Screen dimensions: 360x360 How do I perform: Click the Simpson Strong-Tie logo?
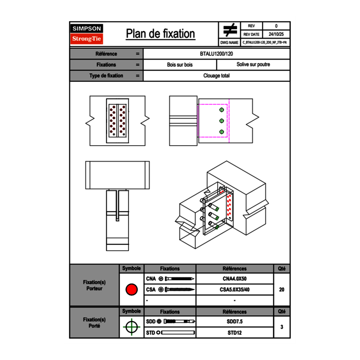pos(87,34)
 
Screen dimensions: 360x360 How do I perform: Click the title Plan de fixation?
pos(160,34)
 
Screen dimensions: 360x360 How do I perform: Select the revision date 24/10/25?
pos(276,34)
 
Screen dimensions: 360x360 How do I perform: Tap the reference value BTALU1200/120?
pos(216,54)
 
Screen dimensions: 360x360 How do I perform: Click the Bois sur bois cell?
pos(180,65)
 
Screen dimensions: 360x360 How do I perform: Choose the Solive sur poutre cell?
pos(253,65)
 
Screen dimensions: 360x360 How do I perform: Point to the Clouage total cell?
pos(216,76)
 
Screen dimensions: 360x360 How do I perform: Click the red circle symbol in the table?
pos(131,290)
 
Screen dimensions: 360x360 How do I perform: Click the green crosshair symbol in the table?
pos(131,327)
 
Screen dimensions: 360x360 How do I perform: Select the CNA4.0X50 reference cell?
pos(234,279)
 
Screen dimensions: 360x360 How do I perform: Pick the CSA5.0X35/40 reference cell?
pos(234,290)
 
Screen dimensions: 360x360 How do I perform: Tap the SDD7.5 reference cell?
pos(234,322)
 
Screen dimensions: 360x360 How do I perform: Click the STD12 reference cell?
pos(234,333)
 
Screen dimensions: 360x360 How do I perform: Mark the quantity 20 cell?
pos(281,290)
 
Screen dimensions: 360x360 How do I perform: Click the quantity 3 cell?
pos(281,327)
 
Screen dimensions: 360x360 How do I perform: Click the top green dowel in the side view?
pos(221,110)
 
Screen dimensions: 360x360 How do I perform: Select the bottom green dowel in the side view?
pos(221,132)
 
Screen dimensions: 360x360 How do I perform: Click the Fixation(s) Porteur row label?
pos(94,286)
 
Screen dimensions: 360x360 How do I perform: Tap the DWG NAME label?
pos(229,42)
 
